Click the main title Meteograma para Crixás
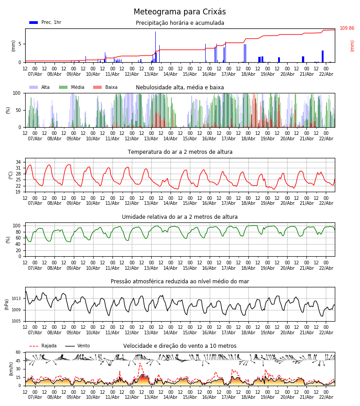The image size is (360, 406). tap(180, 12)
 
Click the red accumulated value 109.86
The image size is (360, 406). tap(347, 28)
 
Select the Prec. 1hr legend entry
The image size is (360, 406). tap(45, 23)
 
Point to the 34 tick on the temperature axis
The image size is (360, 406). tap(18, 162)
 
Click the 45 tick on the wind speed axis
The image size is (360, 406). tap(18, 361)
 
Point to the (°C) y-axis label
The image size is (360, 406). tap(11, 175)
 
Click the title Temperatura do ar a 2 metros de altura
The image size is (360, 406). tap(180, 152)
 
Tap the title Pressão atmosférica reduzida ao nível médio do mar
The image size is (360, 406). tap(180, 282)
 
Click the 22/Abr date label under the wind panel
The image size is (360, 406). tap(326, 397)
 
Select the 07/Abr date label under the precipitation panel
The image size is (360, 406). tap(35, 74)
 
